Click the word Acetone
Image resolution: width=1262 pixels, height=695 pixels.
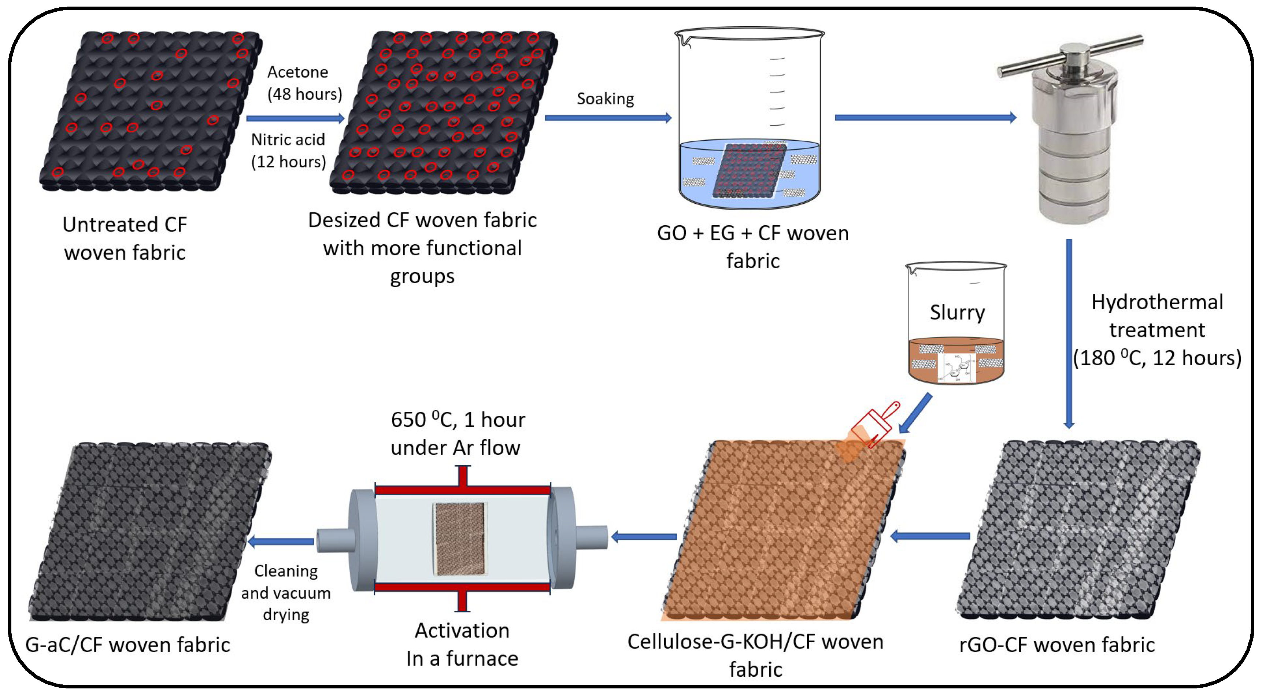pos(297,72)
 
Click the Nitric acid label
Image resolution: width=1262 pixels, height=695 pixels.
pos(288,140)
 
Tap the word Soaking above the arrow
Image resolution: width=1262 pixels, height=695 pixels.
pos(605,99)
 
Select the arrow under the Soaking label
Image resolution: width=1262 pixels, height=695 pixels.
pos(607,118)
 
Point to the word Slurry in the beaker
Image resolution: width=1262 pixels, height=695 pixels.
pos(957,312)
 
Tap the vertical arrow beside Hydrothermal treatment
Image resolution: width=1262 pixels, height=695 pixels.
pos(1069,333)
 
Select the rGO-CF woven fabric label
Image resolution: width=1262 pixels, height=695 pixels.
pos(1057,644)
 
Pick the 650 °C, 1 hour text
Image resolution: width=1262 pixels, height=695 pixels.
pos(458,420)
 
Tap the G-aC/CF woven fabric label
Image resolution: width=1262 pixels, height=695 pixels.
pos(127,644)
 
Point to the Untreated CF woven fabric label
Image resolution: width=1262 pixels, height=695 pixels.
pos(125,238)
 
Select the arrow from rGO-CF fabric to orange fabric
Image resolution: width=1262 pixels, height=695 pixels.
pos(929,536)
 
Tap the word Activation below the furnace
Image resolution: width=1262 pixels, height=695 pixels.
pos(462,630)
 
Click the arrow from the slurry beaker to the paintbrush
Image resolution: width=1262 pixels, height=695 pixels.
pos(915,414)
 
